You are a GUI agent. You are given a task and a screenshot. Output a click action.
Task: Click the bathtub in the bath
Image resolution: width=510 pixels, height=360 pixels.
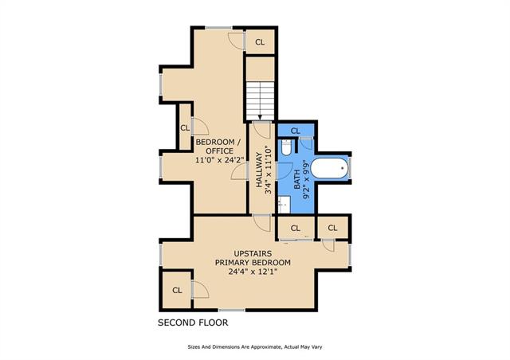329,168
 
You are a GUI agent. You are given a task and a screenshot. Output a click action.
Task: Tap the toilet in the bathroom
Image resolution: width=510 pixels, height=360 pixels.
286,147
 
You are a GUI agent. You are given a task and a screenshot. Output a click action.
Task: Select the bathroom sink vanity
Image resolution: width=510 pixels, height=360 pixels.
284,205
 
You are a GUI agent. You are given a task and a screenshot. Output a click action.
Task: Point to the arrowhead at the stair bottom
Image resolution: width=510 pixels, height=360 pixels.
261,117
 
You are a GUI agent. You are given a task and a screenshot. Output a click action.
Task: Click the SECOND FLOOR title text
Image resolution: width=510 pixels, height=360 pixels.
193,323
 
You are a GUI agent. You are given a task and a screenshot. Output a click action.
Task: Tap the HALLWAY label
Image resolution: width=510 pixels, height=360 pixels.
259,170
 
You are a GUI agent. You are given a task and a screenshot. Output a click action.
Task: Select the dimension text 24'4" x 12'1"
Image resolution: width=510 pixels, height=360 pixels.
253,272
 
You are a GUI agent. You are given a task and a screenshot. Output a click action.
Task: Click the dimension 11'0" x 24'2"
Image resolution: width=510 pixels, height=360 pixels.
220,159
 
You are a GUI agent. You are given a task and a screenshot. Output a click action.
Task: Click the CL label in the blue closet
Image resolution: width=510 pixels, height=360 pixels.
296,131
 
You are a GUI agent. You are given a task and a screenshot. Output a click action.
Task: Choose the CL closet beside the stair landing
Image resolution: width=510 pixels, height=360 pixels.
260,42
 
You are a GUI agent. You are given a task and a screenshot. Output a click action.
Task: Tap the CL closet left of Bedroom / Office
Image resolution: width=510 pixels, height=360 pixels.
185,127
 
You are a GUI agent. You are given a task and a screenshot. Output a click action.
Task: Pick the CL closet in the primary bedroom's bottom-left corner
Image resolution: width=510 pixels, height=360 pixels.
177,290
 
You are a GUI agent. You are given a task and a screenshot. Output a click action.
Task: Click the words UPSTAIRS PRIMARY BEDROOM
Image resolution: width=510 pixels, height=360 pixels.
253,258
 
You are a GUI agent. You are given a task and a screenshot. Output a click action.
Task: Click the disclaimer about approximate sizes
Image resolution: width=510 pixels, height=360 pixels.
255,347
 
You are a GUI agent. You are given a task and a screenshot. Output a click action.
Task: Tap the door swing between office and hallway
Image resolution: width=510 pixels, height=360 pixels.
239,171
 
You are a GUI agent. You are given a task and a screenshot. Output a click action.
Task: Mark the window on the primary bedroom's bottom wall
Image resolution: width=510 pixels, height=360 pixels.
231,311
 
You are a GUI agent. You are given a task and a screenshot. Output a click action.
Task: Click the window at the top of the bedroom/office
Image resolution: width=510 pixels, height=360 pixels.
218,28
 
